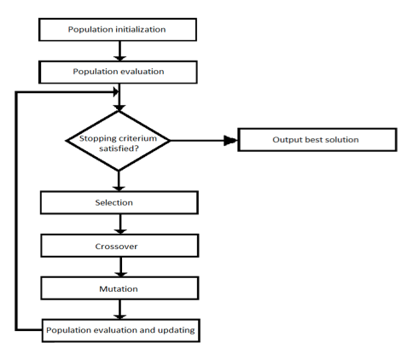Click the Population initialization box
[x=118, y=30]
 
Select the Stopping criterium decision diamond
[x=118, y=141]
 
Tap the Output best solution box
[x=317, y=140]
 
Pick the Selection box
[x=119, y=202]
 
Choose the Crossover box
[x=119, y=246]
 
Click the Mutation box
[x=119, y=288]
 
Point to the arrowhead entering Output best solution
[x=230, y=140]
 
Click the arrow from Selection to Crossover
[x=120, y=224]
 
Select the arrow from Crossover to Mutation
[x=120, y=267]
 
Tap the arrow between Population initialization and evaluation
[x=119, y=51]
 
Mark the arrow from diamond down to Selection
[x=119, y=181]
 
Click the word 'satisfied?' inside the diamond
[x=119, y=148]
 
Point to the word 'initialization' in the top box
[x=141, y=29]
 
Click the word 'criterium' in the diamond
[x=139, y=138]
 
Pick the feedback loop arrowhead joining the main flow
[x=116, y=92]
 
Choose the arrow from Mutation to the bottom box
[x=119, y=310]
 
